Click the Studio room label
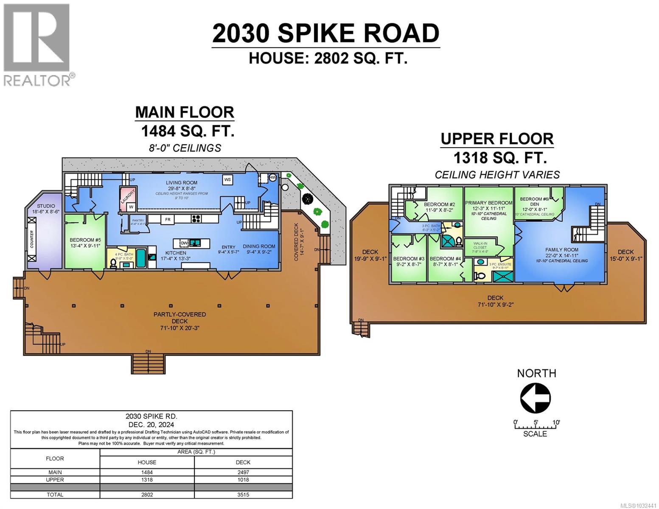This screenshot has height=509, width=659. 45,209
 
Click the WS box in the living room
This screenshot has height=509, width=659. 227,180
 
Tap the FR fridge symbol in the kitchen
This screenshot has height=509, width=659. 168,219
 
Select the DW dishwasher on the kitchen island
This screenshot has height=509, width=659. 184,243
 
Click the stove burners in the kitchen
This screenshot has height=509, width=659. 196,219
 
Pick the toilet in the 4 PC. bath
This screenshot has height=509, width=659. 113,263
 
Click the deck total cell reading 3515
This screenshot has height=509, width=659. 243,495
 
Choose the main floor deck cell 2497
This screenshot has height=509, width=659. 243,472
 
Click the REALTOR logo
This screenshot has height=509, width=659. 37,45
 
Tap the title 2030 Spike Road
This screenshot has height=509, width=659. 325,34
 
